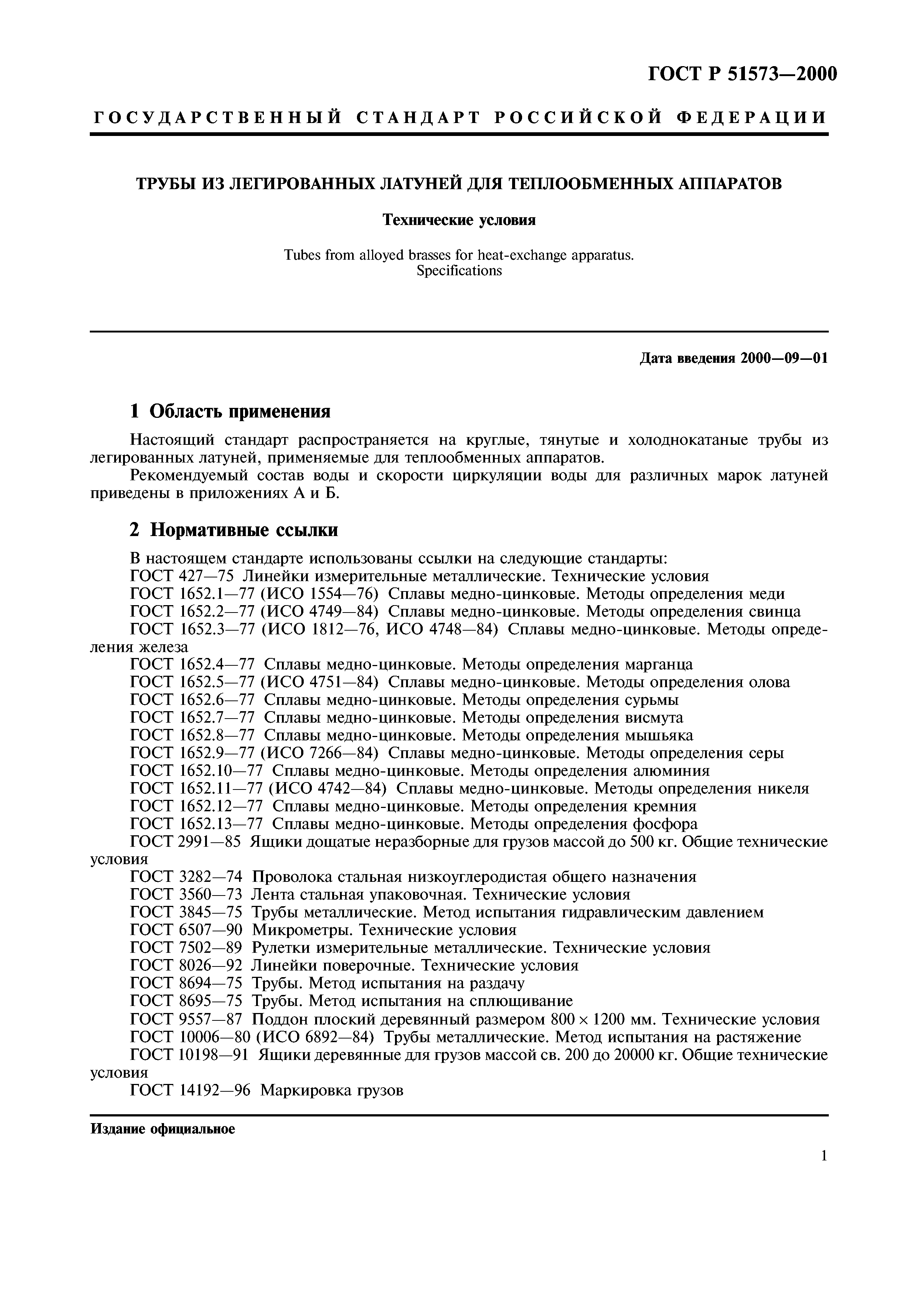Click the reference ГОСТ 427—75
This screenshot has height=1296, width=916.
pos(186,576)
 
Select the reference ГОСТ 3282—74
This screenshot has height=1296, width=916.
pos(186,877)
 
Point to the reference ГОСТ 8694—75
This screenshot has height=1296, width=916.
pos(186,983)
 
